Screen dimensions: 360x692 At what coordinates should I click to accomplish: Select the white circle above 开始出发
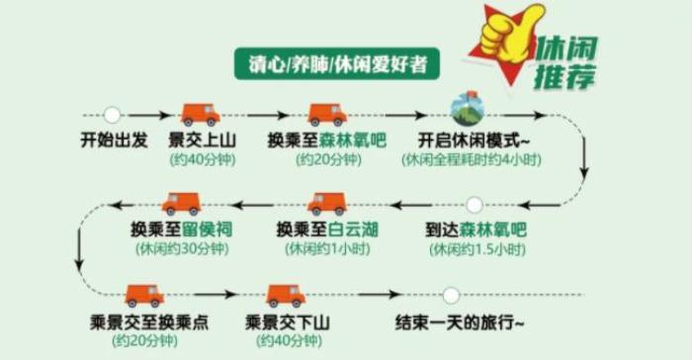coord(112,115)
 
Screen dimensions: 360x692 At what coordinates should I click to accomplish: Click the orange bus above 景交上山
coord(200,115)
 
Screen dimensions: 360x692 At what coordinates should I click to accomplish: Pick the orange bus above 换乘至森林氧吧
coord(326,115)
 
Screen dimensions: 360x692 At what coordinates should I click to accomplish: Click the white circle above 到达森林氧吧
coord(476,206)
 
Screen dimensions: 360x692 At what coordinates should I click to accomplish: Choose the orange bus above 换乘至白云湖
coord(326,205)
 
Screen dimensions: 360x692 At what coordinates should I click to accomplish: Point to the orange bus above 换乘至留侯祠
coord(181,205)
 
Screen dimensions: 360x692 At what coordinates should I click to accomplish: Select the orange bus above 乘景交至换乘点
coord(144,296)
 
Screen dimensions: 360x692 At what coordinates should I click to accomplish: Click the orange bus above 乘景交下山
coord(286,296)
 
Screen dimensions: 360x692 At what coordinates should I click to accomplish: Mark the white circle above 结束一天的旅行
coord(451,296)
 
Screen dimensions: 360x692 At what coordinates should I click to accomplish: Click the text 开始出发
coord(112,139)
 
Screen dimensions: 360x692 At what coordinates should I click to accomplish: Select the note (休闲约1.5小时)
coord(476,250)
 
